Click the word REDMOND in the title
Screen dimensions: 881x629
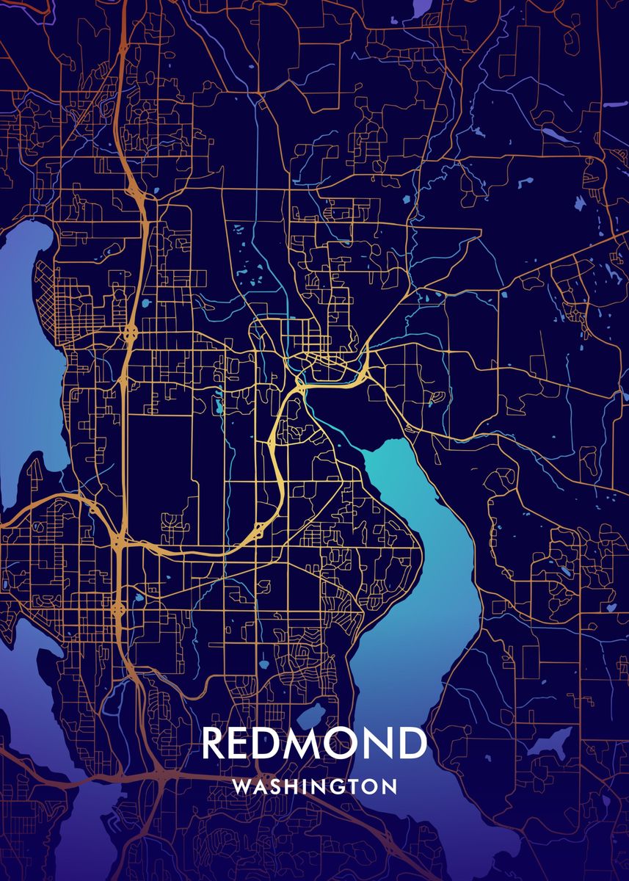(x=313, y=744)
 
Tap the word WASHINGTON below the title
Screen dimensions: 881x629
(x=314, y=786)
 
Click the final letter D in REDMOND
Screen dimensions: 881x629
(x=412, y=744)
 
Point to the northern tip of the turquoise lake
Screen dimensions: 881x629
(x=378, y=445)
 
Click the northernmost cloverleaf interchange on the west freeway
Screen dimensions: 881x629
(x=131, y=332)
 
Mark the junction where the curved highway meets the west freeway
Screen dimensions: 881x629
(x=117, y=543)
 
